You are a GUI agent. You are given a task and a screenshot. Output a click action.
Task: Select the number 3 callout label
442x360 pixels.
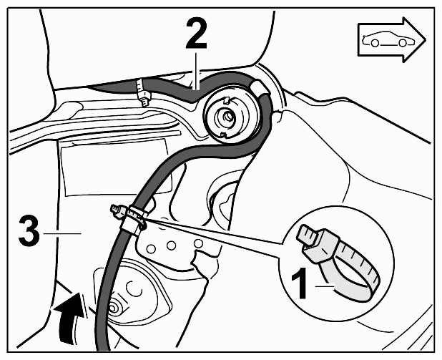(x=29, y=230)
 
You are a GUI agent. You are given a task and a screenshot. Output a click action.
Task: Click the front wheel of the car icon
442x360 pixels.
(x=403, y=43)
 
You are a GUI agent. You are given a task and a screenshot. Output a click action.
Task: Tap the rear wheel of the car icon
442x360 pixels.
(x=374, y=43)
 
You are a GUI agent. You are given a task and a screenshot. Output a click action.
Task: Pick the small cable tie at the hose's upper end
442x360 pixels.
(x=142, y=92)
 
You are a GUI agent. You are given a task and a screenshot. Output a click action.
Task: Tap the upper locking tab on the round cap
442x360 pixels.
(x=227, y=99)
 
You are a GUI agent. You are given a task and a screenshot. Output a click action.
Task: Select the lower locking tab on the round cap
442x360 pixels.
(x=225, y=135)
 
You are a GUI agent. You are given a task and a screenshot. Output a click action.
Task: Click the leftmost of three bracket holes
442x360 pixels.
(x=151, y=248)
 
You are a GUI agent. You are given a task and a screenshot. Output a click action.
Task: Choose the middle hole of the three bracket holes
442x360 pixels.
(x=171, y=245)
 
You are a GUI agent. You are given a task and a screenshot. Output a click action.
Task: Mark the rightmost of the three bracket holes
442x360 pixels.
(x=198, y=243)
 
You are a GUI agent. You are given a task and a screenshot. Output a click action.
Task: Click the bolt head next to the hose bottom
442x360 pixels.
(x=115, y=308)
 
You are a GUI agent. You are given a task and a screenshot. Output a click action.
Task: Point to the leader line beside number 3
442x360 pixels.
(x=62, y=233)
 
